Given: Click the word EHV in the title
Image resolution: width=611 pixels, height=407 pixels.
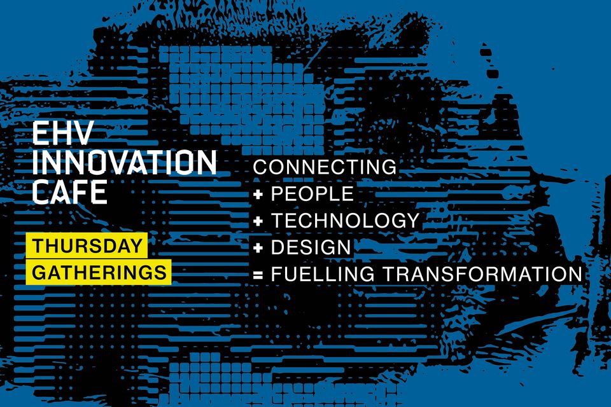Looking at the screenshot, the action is (x=62, y=133).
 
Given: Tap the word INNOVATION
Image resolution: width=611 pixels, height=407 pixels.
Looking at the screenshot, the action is (x=124, y=162).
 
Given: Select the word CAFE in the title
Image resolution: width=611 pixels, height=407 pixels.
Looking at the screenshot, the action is (x=70, y=191).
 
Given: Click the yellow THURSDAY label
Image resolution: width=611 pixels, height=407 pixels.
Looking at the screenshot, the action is (x=87, y=245).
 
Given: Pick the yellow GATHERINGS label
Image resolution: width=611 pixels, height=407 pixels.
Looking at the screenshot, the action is (x=99, y=272).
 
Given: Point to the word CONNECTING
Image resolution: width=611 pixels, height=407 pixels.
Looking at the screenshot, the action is (x=325, y=167).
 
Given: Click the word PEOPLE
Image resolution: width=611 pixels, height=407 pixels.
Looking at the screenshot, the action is (x=312, y=193).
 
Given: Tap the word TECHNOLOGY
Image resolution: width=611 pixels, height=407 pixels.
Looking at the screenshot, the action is (x=345, y=221).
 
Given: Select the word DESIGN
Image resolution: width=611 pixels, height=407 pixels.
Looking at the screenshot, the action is (x=311, y=247).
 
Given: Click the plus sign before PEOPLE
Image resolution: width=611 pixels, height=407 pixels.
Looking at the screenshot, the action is (x=258, y=194).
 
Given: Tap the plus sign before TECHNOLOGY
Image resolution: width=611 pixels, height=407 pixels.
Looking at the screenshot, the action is (x=258, y=221).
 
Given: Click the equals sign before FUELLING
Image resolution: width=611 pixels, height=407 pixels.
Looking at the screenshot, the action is (x=258, y=275).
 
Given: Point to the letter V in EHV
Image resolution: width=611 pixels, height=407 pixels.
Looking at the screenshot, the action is (x=83, y=133).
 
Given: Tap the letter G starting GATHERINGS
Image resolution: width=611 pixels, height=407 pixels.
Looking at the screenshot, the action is (x=39, y=272).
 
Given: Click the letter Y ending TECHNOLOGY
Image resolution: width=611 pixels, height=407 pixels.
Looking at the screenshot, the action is (x=411, y=221).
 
